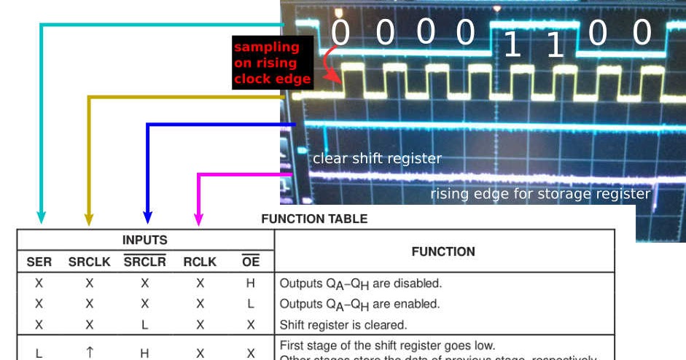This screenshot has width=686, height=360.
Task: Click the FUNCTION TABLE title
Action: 314,219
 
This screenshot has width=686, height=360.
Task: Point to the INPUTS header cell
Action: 144,240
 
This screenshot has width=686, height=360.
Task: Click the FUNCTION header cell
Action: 443,251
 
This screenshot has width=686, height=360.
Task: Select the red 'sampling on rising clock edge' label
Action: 271,63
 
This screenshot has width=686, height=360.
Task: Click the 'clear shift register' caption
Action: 377,158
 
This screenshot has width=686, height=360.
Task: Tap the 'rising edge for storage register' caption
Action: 539,194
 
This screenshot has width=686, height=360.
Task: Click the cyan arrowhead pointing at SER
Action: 41,217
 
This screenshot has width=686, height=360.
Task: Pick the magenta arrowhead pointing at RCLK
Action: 198,217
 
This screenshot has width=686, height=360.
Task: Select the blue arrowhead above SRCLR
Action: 147,217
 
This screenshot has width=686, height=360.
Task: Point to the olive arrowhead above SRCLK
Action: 89,217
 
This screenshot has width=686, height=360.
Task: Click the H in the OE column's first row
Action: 250,283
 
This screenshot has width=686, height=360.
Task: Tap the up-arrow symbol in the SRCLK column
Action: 89,353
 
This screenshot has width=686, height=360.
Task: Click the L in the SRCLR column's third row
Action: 144,325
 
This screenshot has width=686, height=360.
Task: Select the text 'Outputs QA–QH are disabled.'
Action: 361,283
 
